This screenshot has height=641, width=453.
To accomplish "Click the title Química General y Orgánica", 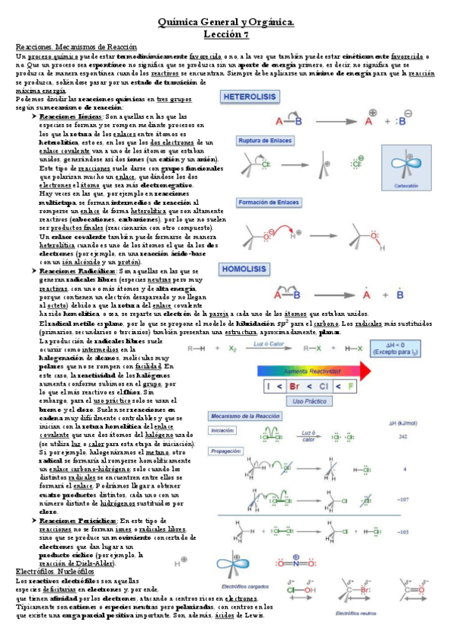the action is [x=225, y=24].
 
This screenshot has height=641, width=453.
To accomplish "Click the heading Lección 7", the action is [x=225, y=35].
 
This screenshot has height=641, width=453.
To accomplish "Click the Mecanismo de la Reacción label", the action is [x=245, y=417].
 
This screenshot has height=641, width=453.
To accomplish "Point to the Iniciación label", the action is [x=223, y=431].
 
